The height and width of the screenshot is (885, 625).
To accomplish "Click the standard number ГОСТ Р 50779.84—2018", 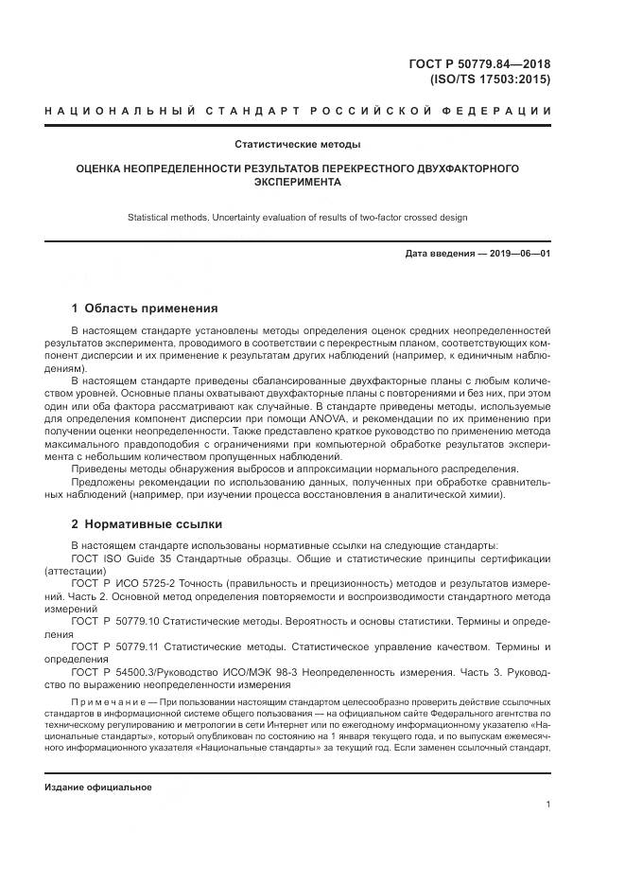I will [x=479, y=64].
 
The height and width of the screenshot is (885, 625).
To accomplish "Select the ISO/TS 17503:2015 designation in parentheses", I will [x=490, y=80].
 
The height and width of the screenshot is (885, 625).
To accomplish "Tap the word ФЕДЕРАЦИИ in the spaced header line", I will [x=509, y=112].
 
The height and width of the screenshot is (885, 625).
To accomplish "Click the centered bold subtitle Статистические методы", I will [x=298, y=145].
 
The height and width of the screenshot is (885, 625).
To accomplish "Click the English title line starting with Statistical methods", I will [x=298, y=218].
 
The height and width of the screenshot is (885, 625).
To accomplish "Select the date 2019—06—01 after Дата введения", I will [x=518, y=255].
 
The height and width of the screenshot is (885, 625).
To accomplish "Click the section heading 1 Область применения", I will [x=145, y=308].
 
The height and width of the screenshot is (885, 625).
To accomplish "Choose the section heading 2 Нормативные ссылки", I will [x=148, y=522].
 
